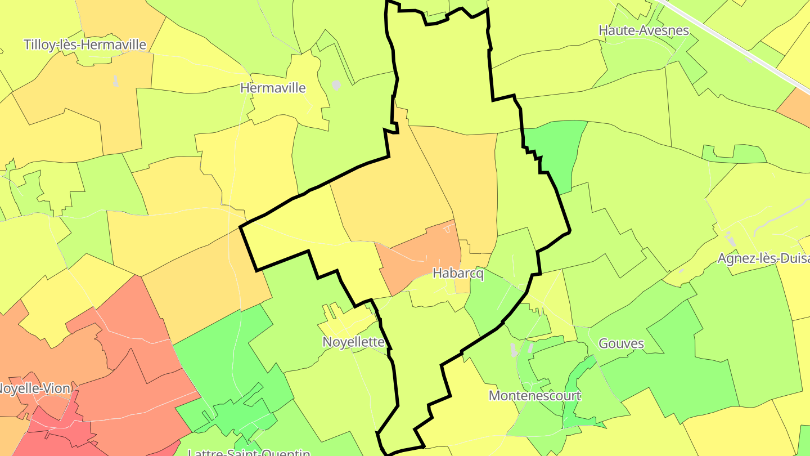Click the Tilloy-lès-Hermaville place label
(x=85, y=44)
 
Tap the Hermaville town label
(x=273, y=88)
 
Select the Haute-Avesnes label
(x=643, y=30)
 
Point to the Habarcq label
(x=458, y=274)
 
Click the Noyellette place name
(x=353, y=342)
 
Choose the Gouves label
(x=621, y=343)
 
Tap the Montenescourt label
(x=534, y=395)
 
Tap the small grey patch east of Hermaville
(x=336, y=85)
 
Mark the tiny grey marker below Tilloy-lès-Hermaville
(x=115, y=81)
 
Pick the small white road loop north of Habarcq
(x=448, y=228)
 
